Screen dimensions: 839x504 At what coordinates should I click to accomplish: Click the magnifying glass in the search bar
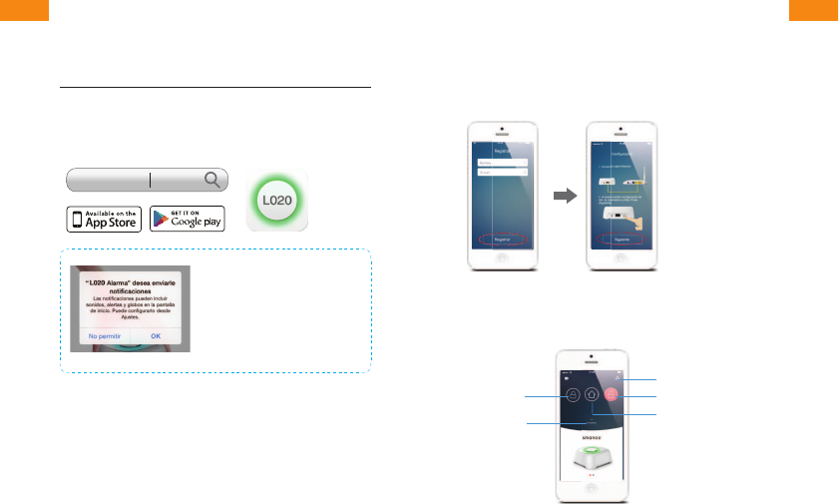212,180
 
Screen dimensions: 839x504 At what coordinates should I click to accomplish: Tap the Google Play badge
188,219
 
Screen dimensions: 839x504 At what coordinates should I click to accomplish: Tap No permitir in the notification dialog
105,337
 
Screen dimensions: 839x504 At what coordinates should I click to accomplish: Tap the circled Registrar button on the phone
503,241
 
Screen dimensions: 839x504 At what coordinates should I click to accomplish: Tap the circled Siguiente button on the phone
621,240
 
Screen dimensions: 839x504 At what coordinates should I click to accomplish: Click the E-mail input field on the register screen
502,172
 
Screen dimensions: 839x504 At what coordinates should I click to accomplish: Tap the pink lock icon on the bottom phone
610,394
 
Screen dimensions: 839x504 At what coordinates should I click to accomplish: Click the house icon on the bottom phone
592,395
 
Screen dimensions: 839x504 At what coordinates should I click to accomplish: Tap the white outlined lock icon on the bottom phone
574,395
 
